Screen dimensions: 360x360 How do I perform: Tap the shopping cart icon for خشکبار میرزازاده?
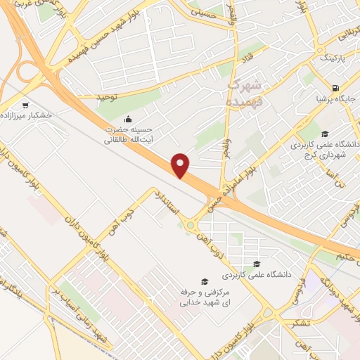[25, 103]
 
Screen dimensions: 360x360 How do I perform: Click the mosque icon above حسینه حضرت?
[128, 119]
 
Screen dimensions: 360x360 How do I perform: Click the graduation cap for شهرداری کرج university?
[324, 133]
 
